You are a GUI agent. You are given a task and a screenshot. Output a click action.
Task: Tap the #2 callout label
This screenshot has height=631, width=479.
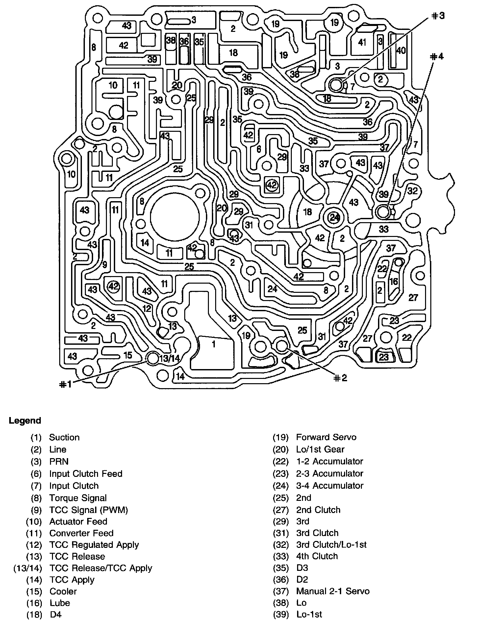click(x=340, y=378)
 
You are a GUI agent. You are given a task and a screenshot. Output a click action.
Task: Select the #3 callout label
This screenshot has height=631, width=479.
click(x=437, y=15)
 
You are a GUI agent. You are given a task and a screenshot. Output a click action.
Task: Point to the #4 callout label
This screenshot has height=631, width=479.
click(x=437, y=57)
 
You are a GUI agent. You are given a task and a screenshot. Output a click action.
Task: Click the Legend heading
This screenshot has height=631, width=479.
click(x=25, y=421)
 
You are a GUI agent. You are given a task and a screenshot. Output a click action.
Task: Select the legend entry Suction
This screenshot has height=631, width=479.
click(x=64, y=437)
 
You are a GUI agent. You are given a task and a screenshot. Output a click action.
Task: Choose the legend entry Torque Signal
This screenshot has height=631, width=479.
click(x=78, y=498)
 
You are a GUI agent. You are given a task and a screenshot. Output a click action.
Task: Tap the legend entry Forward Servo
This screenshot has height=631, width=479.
click(x=326, y=437)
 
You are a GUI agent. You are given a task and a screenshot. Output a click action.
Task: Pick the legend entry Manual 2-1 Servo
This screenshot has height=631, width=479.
click(x=333, y=591)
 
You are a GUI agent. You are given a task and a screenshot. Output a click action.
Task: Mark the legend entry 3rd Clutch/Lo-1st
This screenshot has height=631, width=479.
click(x=331, y=545)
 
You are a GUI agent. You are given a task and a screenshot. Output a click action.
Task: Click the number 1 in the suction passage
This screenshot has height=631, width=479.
click(x=214, y=344)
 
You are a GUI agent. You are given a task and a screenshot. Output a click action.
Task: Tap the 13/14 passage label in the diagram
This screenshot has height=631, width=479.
click(x=169, y=359)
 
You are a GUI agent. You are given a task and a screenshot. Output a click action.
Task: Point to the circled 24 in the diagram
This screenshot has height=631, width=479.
click(x=334, y=218)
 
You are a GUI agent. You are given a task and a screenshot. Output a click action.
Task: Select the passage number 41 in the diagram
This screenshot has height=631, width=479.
click(x=362, y=42)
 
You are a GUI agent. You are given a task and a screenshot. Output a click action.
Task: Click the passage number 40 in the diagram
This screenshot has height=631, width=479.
click(x=401, y=50)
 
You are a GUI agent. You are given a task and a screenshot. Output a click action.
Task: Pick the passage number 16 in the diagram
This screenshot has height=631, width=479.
click(x=393, y=281)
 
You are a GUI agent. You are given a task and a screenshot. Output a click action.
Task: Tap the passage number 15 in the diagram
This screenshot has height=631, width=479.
click(x=128, y=355)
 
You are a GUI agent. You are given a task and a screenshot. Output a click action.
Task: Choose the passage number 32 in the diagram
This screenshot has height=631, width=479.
click(x=412, y=191)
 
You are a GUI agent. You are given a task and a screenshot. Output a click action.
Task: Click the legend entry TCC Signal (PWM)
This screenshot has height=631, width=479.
click(x=88, y=510)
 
